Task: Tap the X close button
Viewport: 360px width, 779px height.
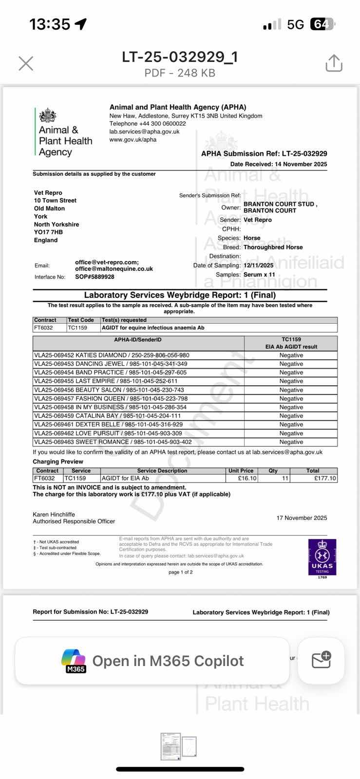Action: click(x=26, y=63)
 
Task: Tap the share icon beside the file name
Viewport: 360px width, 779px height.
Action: click(x=334, y=63)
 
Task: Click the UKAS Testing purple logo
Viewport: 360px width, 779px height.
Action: click(x=322, y=557)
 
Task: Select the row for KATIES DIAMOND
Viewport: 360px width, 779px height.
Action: click(x=112, y=355)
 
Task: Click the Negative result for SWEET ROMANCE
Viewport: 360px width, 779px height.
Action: click(x=291, y=442)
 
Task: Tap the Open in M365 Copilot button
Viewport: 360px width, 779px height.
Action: click(x=152, y=661)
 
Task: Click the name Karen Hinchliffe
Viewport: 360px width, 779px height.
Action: click(x=54, y=514)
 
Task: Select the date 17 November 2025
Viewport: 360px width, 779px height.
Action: click(x=302, y=518)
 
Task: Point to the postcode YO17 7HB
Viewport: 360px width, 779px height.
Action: click(x=48, y=232)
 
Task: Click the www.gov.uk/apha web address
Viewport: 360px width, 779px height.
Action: click(x=133, y=139)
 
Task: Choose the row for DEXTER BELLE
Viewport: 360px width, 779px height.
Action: click(x=108, y=425)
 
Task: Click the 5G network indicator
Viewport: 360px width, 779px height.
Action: click(x=295, y=24)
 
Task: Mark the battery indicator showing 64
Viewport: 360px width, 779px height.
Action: click(x=322, y=24)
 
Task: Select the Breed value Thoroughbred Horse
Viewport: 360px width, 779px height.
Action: click(x=273, y=247)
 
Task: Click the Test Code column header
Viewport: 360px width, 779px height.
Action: click(x=81, y=320)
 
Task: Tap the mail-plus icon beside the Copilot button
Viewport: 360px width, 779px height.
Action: click(x=321, y=660)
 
